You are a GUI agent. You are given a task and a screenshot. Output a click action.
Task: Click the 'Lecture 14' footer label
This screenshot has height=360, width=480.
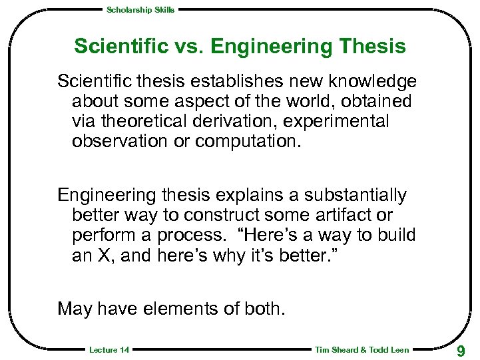pyautogui.click(x=109, y=350)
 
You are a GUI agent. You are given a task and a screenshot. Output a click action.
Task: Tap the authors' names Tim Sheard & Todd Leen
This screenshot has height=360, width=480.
pyautogui.click(x=361, y=350)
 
